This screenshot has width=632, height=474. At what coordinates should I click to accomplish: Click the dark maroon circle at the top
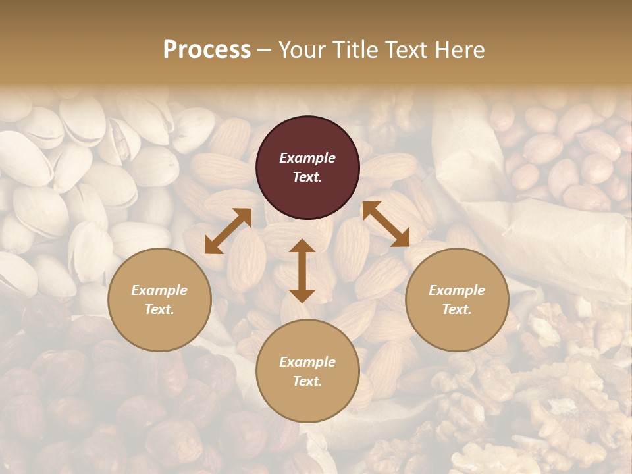pos(307,167)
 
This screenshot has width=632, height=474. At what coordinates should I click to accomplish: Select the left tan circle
pos(159,300)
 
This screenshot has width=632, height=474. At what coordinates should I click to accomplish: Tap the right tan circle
pos(457,300)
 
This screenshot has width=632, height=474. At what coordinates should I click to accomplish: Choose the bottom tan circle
pos(307,371)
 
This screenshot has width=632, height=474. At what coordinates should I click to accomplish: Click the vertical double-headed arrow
pos(302,271)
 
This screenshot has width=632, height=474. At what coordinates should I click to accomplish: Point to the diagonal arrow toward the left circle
pos(228,231)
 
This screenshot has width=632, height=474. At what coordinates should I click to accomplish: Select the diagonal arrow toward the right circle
pos(386,224)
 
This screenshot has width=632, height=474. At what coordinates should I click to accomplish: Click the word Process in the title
pos(207,49)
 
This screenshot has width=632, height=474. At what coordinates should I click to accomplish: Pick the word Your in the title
pos(300,49)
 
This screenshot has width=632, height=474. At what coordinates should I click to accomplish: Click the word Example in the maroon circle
pos(307,158)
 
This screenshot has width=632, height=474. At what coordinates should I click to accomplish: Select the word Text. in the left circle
pos(159,309)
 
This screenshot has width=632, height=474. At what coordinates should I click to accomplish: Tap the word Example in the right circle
pos(457,290)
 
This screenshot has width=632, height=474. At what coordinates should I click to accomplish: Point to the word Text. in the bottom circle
pos(307,381)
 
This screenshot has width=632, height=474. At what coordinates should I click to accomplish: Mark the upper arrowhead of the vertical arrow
pos(302,246)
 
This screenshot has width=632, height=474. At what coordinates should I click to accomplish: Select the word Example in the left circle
pos(159,290)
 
